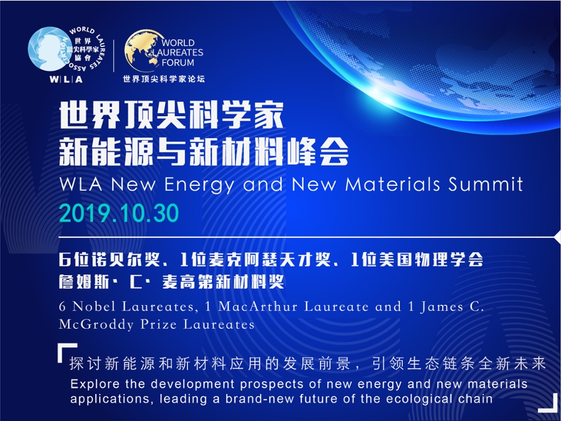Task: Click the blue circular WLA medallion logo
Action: pyautogui.click(x=48, y=49)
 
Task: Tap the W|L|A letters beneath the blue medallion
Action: pyautogui.click(x=66, y=79)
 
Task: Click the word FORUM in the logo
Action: pyautogui.click(x=178, y=62)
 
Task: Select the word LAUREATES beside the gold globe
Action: pyautogui.click(x=178, y=53)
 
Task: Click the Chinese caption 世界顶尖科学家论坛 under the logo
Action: pyautogui.click(x=164, y=79)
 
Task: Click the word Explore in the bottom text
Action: pyautogui.click(x=94, y=385)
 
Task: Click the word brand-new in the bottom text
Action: pyautogui.click(x=260, y=399)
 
